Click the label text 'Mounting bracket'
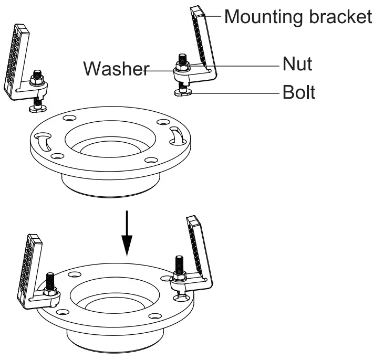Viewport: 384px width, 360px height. [x=298, y=17]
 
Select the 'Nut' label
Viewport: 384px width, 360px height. [x=297, y=64]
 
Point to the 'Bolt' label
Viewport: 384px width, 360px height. [x=299, y=92]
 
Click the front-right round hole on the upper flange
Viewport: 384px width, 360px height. [x=151, y=160]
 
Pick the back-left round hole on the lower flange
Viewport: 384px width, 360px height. [x=73, y=274]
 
